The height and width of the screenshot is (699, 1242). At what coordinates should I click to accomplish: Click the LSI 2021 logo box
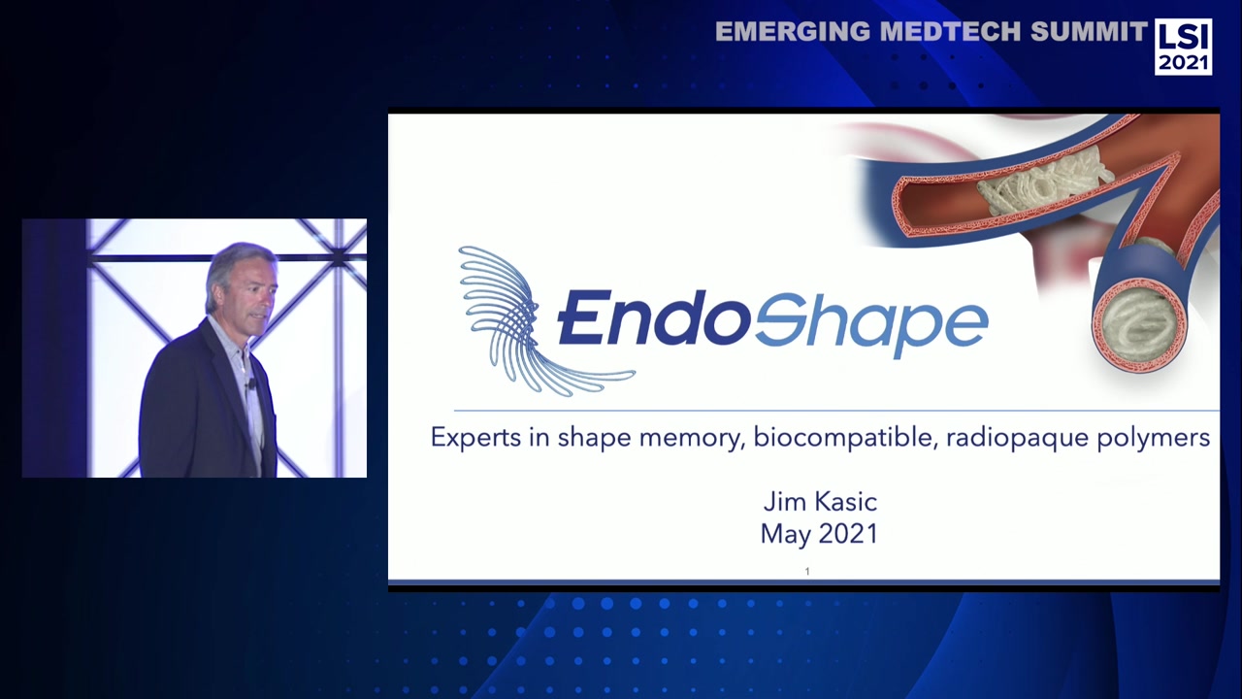coord(1182,47)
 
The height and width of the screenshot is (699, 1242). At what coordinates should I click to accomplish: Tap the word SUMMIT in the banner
coord(1089,32)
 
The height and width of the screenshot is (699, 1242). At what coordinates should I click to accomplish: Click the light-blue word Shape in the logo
coord(870,320)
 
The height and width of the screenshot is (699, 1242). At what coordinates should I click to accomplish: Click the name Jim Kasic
coord(820,502)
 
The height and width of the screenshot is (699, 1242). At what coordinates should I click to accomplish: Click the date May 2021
coord(819,534)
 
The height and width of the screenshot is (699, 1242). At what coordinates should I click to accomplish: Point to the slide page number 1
coord(806,572)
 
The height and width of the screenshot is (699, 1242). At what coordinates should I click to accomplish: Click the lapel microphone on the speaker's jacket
coord(249,385)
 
